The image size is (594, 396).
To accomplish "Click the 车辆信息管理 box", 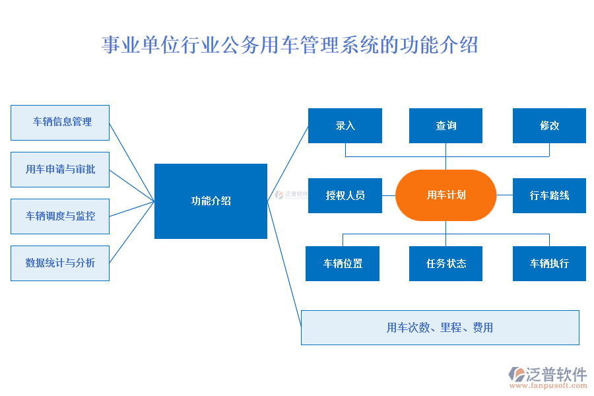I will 60,123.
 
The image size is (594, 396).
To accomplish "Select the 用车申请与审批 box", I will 60,170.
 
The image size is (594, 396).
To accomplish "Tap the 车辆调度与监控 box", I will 60,216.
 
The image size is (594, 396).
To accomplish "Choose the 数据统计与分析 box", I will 60,263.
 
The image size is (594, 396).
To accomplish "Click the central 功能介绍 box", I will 211,201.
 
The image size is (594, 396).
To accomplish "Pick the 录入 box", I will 345,125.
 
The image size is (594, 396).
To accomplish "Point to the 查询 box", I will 445,125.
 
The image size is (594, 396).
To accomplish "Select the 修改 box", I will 549,125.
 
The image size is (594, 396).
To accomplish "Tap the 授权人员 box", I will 345,195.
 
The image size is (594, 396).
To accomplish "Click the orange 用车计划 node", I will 445,195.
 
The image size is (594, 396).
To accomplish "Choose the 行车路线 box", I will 549,195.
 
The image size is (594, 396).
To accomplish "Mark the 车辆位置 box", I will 343,263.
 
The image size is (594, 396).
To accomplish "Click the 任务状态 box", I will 445,263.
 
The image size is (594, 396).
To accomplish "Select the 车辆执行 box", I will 549,263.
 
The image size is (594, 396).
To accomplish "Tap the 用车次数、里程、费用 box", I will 440,327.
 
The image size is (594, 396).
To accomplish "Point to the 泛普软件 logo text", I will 556,374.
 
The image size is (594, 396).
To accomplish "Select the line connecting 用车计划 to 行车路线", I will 504,195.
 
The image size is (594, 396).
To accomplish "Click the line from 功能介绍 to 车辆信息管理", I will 132,162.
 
